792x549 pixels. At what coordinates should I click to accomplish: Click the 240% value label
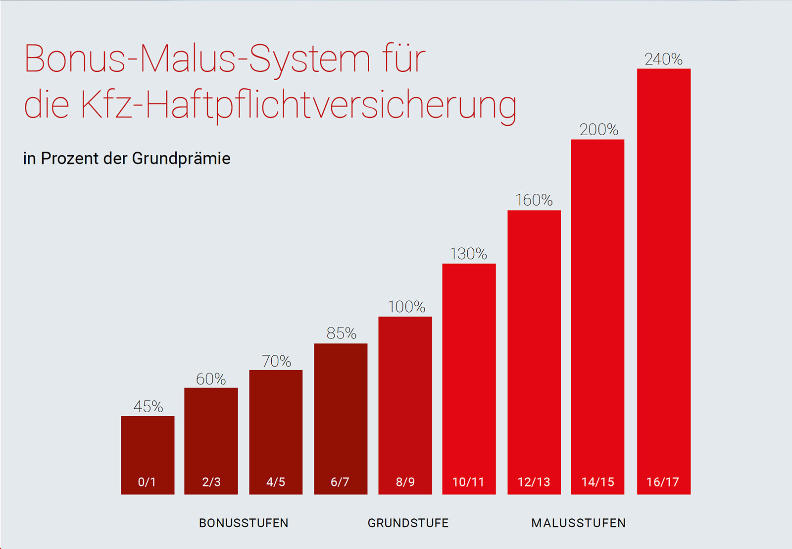pos(663,59)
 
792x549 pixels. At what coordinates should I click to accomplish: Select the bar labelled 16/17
pos(663,277)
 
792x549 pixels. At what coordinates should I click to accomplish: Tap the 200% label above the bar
pos(598,130)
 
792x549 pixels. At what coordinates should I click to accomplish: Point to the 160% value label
pos(534,200)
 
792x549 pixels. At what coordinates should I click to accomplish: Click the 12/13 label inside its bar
pos(534,482)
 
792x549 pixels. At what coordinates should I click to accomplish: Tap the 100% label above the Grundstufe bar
pos(406,307)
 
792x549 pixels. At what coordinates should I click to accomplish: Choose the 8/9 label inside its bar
pos(405,482)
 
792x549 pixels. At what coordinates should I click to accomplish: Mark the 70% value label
pos(276,361)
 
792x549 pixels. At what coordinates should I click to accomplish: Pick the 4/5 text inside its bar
pos(276,482)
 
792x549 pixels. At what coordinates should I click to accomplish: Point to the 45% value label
pos(148,407)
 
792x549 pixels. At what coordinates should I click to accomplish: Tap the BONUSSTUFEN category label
pos(244,523)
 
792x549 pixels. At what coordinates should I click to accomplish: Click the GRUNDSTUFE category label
pos(408,523)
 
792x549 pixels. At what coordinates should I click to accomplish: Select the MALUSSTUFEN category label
pos(578,523)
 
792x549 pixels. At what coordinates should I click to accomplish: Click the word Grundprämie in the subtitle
pos(181,159)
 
